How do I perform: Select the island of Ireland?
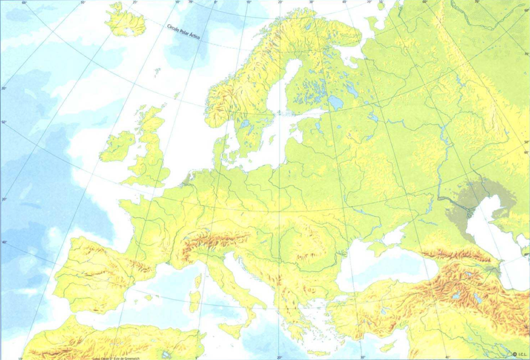pos(119,145)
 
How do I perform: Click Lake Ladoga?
pos(336,103)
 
